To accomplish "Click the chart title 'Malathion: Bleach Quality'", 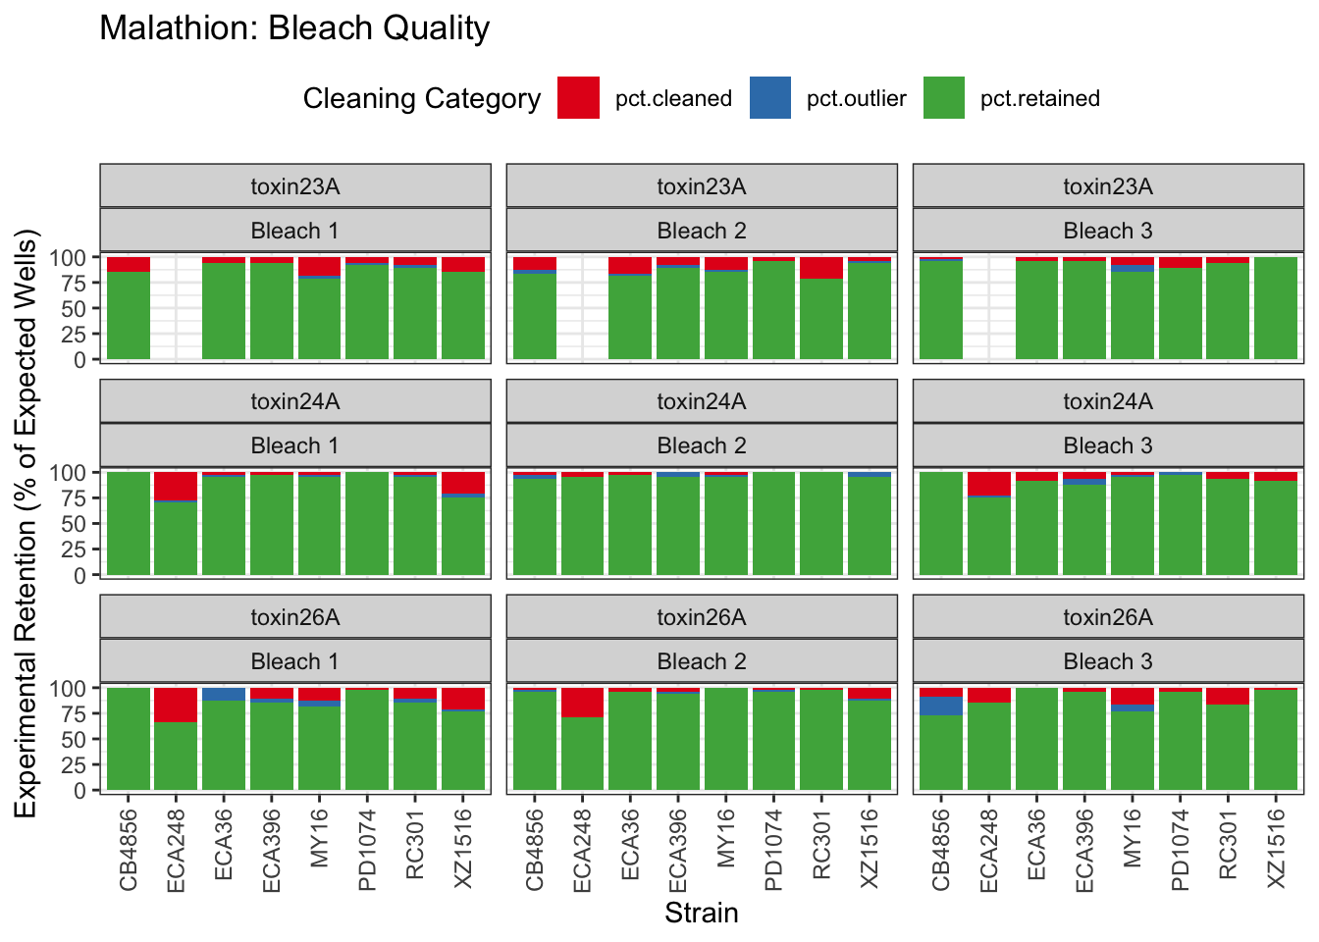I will click(x=294, y=28).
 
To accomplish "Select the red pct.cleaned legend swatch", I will click(x=578, y=98).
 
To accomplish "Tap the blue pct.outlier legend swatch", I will click(x=770, y=98).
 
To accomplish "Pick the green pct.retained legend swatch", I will click(x=944, y=98).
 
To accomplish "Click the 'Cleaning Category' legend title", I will click(x=421, y=99).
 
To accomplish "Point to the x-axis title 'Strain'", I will click(x=701, y=914).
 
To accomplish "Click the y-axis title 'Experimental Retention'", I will click(x=26, y=523).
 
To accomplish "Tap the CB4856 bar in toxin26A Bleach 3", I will click(x=941, y=746).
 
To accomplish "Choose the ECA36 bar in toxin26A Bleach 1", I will click(x=224, y=741).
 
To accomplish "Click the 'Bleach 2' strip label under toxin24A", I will click(x=702, y=445).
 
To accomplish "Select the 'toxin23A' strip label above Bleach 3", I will click(x=1108, y=186).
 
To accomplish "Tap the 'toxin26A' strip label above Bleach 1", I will click(x=295, y=617).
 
